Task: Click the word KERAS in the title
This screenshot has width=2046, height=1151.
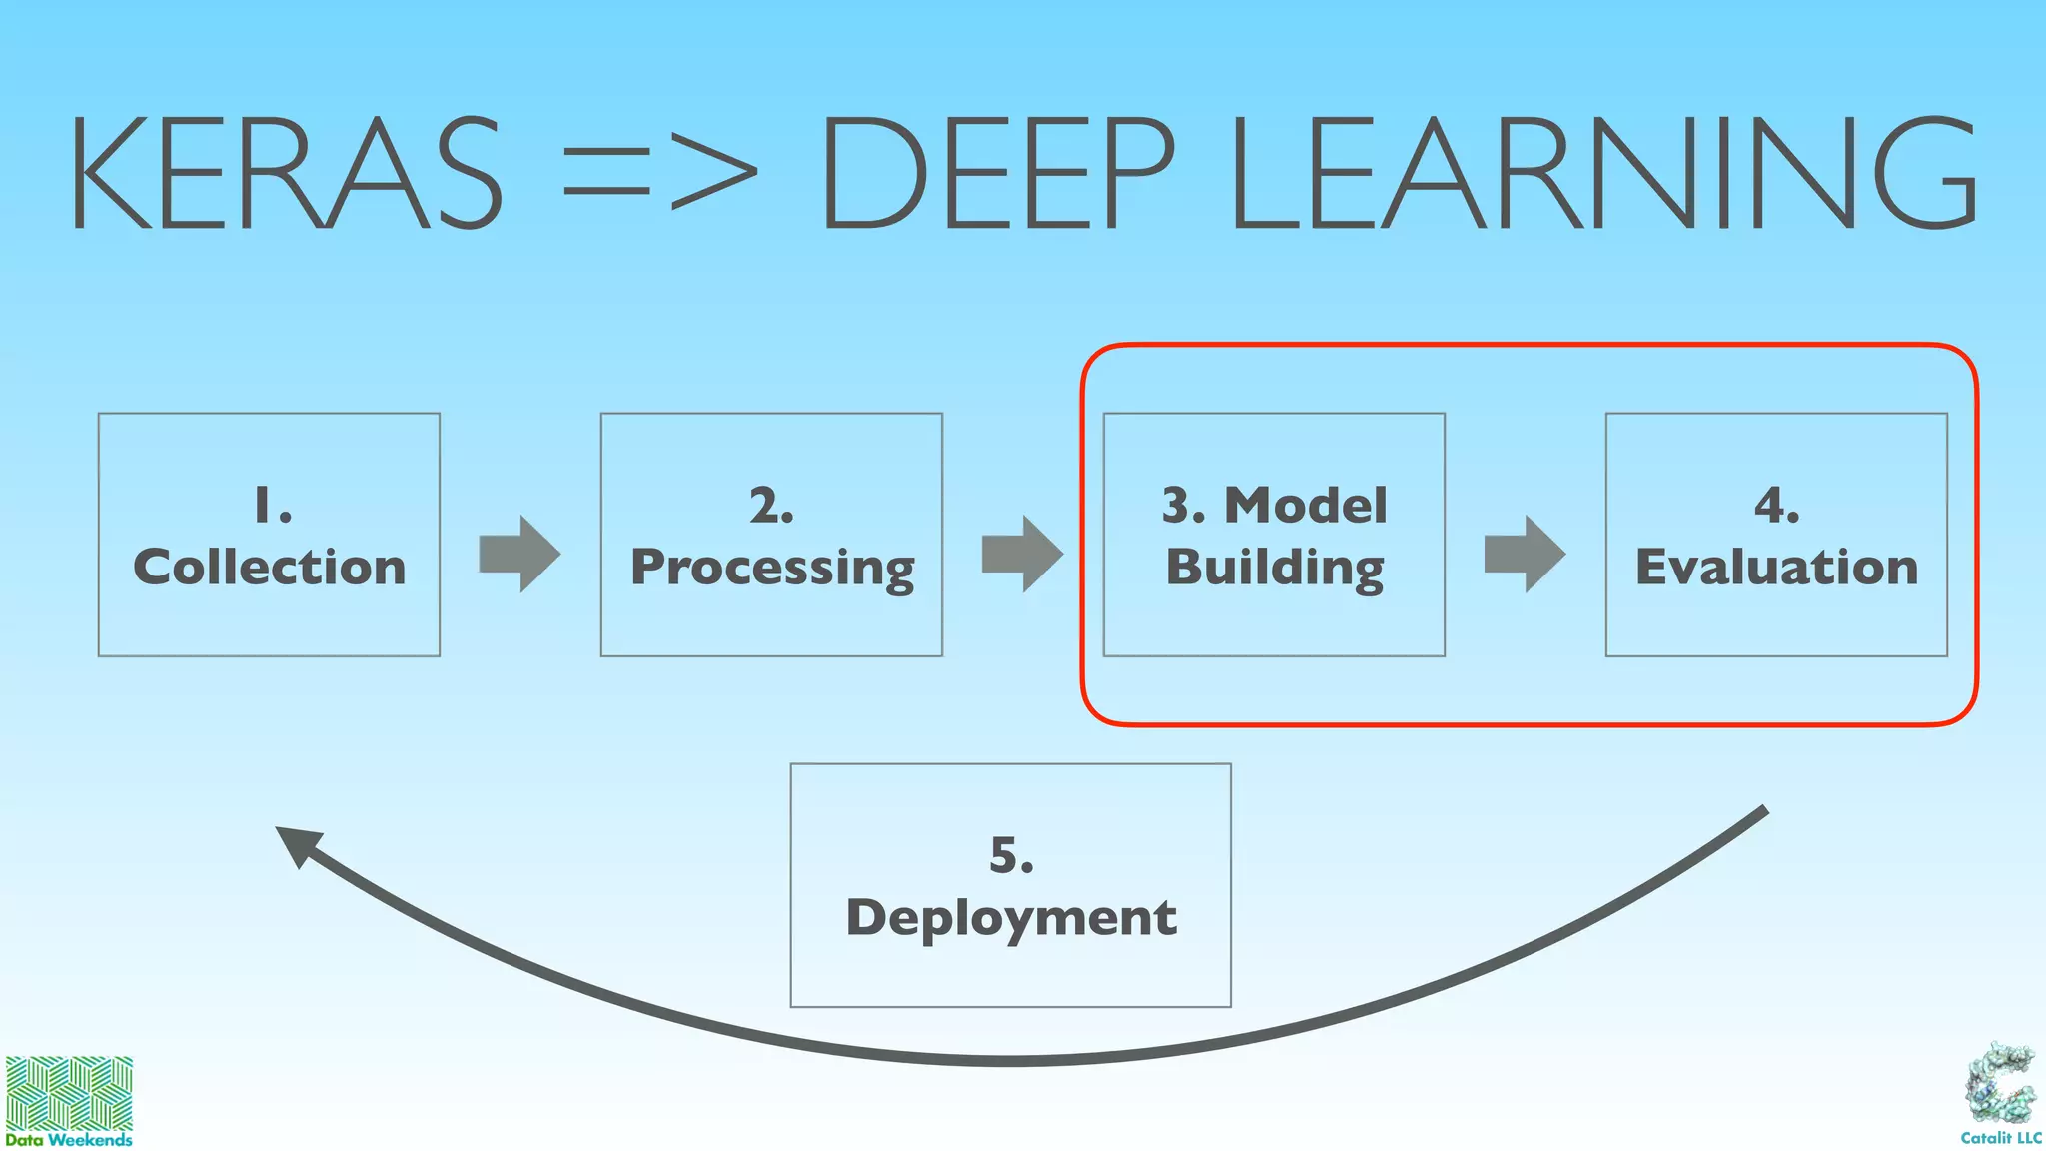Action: (x=285, y=172)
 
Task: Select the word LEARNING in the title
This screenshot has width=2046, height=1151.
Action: (x=1604, y=172)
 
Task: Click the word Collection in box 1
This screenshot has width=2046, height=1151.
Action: (x=270, y=567)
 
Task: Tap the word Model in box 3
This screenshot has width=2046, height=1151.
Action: (x=1306, y=505)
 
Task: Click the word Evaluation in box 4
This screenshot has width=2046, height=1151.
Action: (x=1776, y=567)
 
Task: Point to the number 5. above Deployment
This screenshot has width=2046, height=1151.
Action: (x=1011, y=855)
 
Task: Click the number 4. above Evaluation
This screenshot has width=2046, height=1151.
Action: (x=1776, y=505)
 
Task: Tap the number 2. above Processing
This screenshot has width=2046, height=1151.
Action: (x=771, y=505)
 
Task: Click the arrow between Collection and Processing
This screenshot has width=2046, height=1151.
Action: (x=519, y=554)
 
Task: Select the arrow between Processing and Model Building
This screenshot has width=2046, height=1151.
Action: (x=1022, y=554)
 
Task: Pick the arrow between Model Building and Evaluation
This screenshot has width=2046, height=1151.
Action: (x=1525, y=554)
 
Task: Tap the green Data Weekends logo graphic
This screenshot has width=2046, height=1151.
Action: (x=69, y=1093)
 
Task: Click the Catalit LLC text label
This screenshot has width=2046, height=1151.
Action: (x=2001, y=1138)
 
